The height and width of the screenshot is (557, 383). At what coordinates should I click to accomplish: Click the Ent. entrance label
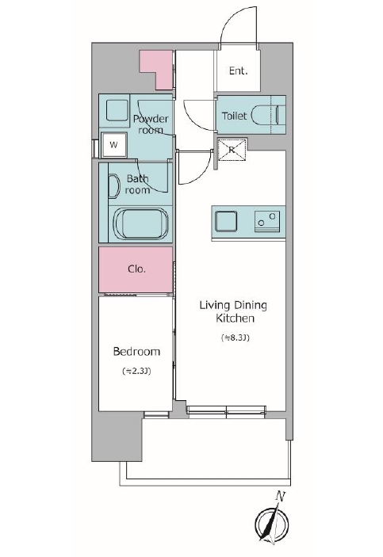(x=238, y=71)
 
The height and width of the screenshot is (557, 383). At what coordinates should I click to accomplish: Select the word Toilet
(x=234, y=116)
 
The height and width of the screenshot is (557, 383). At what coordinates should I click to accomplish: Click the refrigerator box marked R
(x=232, y=150)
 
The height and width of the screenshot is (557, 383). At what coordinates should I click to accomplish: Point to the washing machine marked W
(x=114, y=145)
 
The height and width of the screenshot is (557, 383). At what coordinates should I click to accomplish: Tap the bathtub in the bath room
(x=141, y=223)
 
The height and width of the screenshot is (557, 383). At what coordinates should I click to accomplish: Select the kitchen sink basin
(x=226, y=221)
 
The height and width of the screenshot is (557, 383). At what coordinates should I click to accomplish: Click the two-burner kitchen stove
(x=267, y=221)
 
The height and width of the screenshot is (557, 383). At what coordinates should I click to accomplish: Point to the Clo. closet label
(x=137, y=269)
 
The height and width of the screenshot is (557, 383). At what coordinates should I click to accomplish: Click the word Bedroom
(x=136, y=352)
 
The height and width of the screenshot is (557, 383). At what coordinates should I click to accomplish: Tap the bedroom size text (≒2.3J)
(x=136, y=372)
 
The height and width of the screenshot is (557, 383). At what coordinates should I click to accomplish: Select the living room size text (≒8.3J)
(x=235, y=338)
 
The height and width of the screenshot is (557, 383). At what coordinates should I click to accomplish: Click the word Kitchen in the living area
(x=235, y=319)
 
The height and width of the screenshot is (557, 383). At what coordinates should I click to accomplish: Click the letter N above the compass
(x=281, y=497)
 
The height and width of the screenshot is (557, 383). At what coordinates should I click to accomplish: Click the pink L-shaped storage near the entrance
(x=155, y=70)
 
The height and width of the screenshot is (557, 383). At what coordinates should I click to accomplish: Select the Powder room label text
(x=151, y=124)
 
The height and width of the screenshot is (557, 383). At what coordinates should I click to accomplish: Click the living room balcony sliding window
(x=227, y=410)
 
